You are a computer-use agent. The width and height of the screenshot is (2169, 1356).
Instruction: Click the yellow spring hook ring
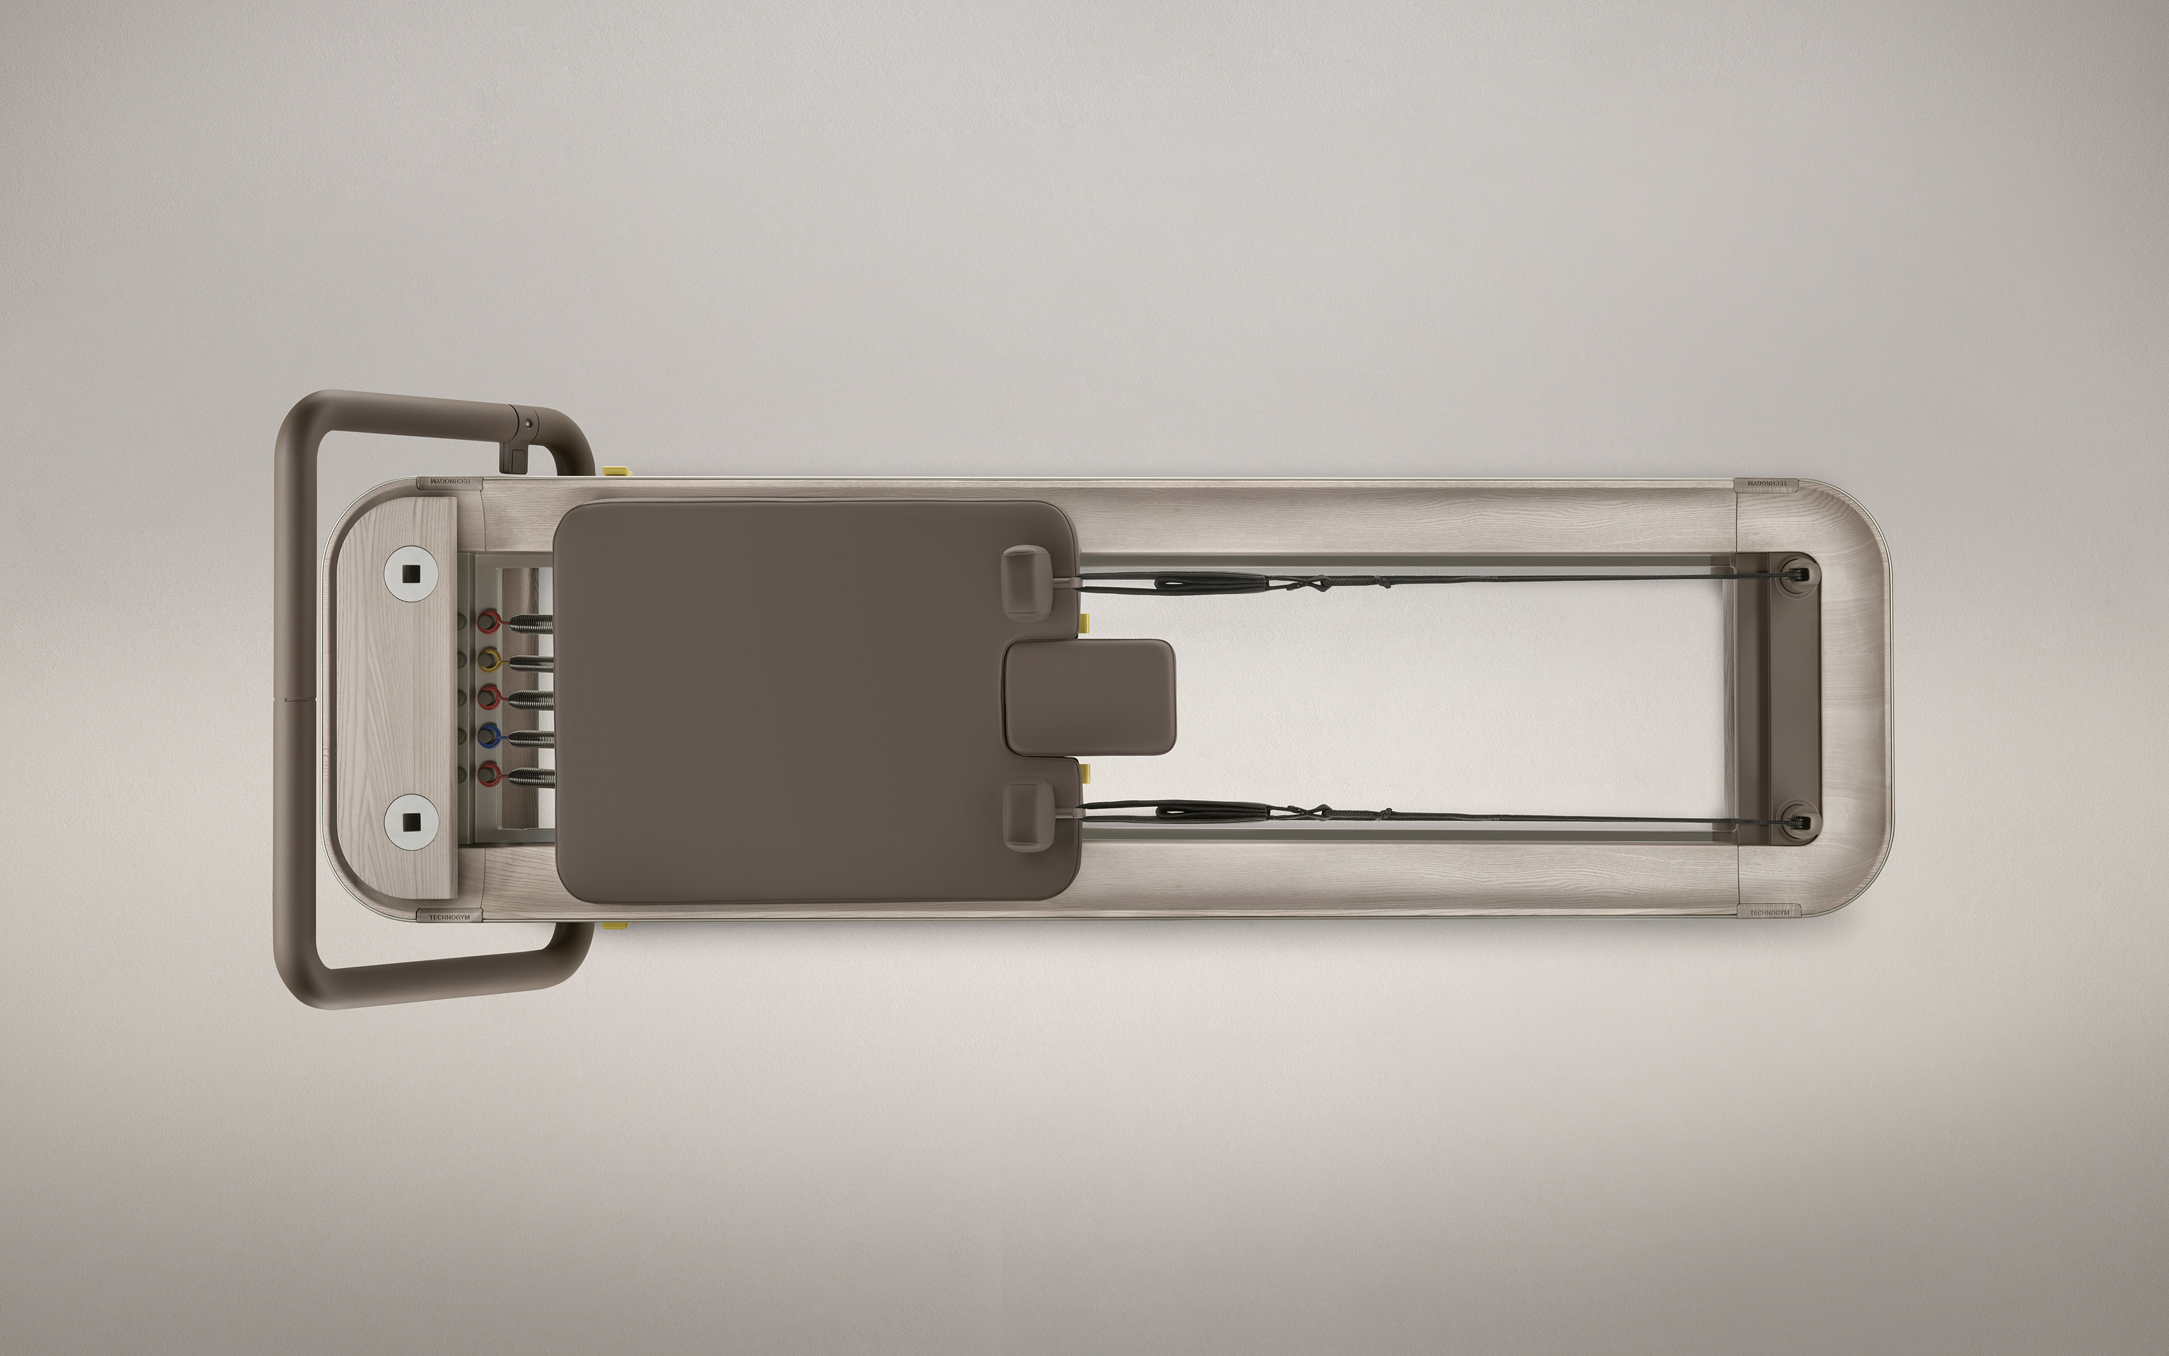(490, 662)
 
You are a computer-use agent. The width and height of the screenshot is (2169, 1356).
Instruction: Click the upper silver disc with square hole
(411, 572)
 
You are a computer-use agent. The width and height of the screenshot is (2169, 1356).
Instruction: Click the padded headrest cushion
(1089, 697)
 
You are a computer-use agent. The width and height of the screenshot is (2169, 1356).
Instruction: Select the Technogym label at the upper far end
(1764, 483)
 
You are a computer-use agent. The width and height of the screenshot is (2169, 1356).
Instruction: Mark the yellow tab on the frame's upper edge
(616, 470)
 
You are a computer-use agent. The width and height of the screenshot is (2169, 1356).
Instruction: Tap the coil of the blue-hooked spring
(531, 737)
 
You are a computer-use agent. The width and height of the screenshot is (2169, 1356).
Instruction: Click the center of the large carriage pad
(811, 700)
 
